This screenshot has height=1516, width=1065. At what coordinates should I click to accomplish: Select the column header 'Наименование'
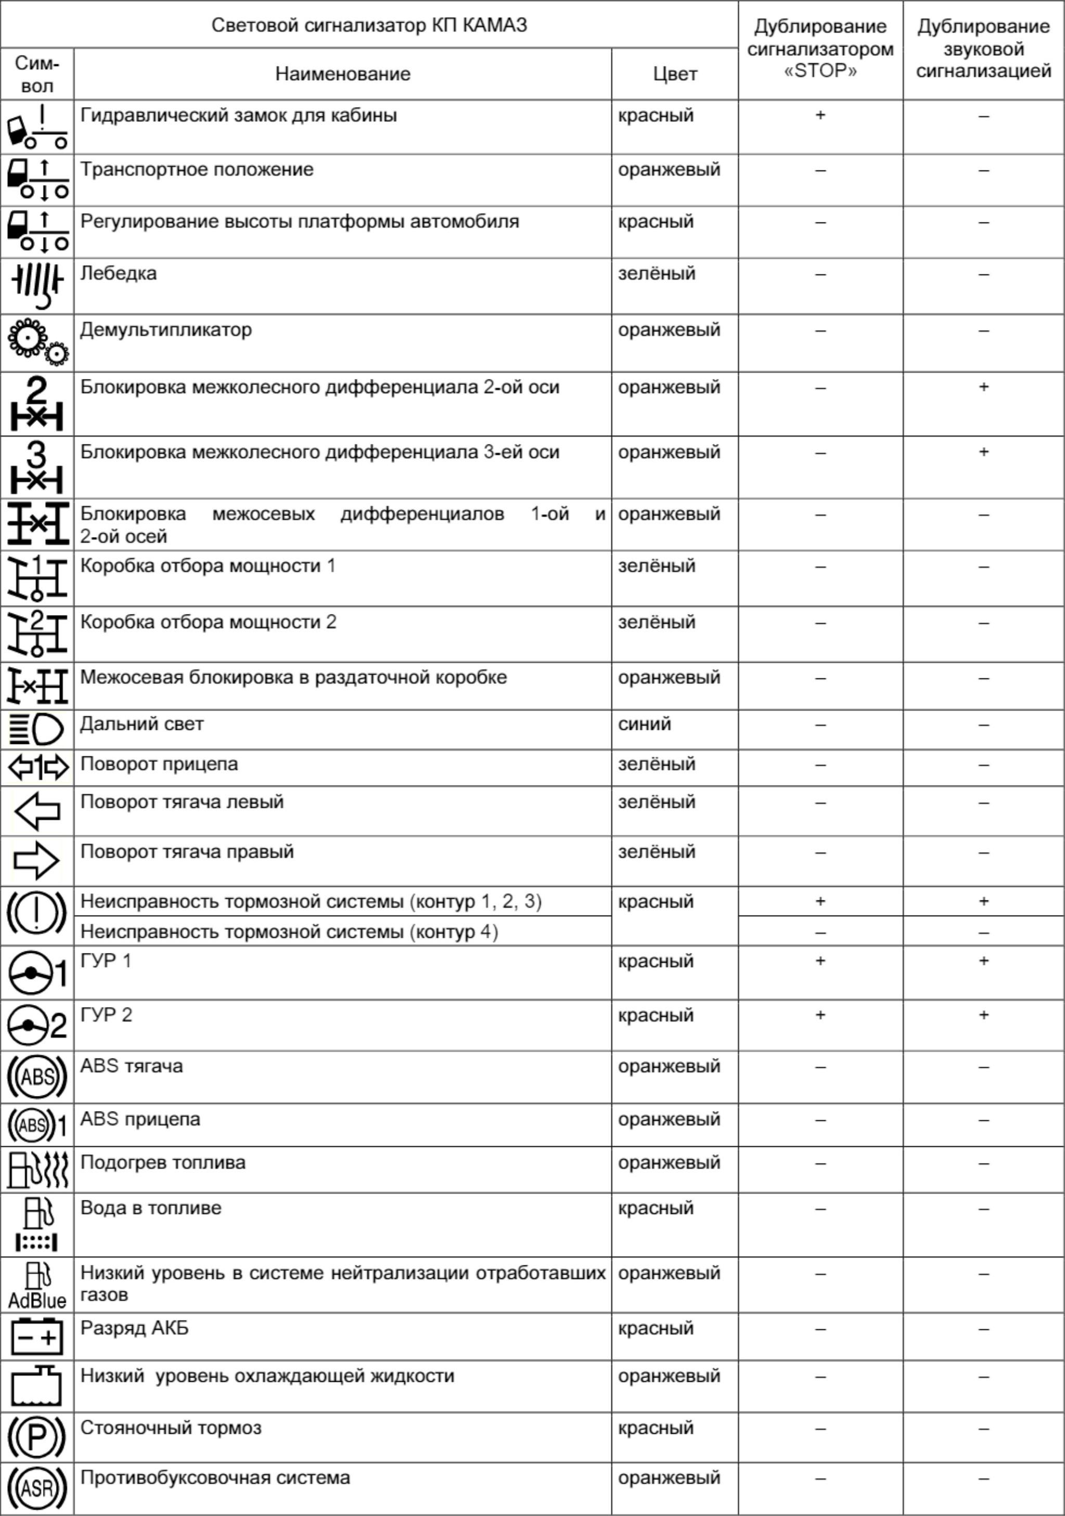tap(342, 73)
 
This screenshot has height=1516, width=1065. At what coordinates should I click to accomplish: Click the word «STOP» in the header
tap(820, 71)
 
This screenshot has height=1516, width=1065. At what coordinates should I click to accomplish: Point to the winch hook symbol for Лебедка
tap(37, 285)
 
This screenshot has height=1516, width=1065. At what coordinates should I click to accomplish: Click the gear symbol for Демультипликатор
tap(37, 342)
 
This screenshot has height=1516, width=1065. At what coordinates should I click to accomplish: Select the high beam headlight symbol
tap(37, 729)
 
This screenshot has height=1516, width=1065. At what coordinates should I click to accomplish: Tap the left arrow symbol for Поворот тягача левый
tap(37, 811)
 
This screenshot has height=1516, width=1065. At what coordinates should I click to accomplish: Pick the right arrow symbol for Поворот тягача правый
tap(37, 861)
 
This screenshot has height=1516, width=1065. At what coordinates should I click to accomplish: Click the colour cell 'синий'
tap(644, 724)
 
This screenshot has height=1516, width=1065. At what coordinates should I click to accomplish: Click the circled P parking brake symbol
tap(37, 1437)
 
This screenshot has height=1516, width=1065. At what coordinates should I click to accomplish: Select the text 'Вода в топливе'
tap(150, 1208)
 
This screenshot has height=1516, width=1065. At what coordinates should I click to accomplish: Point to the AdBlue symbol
tap(37, 1284)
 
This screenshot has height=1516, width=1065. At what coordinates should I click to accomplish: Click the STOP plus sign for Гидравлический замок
tap(820, 115)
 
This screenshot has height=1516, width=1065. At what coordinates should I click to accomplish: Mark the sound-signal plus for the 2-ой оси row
tap(983, 387)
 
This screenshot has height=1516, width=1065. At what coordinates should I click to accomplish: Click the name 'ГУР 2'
tap(106, 1014)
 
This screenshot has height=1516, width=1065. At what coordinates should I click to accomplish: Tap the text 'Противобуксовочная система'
tap(215, 1477)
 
